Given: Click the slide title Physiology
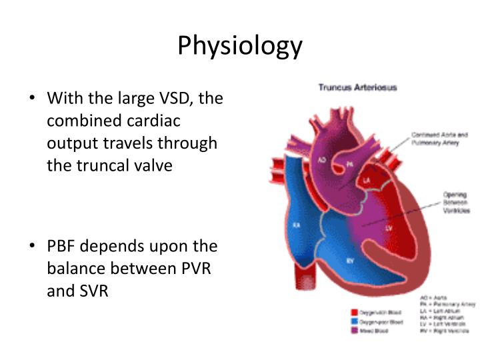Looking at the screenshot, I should pos(240,46).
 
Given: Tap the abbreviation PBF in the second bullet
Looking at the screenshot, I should pos(63,246).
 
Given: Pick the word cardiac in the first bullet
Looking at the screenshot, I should pos(156,121).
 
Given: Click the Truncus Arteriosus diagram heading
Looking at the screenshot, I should pos(357,87).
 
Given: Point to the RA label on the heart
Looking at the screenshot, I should pos(296,225).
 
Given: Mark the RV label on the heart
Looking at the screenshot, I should pos(349,261).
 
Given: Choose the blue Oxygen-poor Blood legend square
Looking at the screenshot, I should pos(355,321).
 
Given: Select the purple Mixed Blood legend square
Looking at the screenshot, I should pos(355,331).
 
